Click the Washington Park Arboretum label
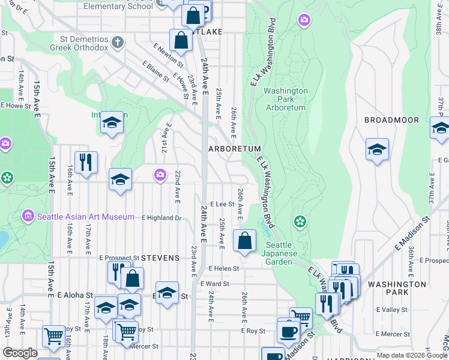[x=285, y=99]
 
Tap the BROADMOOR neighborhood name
[x=391, y=120]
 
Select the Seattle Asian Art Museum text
[x=85, y=217]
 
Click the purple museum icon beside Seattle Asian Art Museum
[x=28, y=216]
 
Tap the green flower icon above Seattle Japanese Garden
[x=300, y=222]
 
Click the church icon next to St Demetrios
[x=118, y=43]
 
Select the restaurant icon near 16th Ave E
[x=86, y=162]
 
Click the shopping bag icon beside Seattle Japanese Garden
[x=244, y=241]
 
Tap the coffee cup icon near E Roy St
[x=288, y=331]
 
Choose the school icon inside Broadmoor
[x=377, y=149]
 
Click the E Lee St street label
[x=221, y=204]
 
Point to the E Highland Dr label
[x=161, y=218]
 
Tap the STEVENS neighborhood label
[x=160, y=258]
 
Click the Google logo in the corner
[x=20, y=353]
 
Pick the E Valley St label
[x=391, y=310]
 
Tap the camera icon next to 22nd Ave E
[x=160, y=175]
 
